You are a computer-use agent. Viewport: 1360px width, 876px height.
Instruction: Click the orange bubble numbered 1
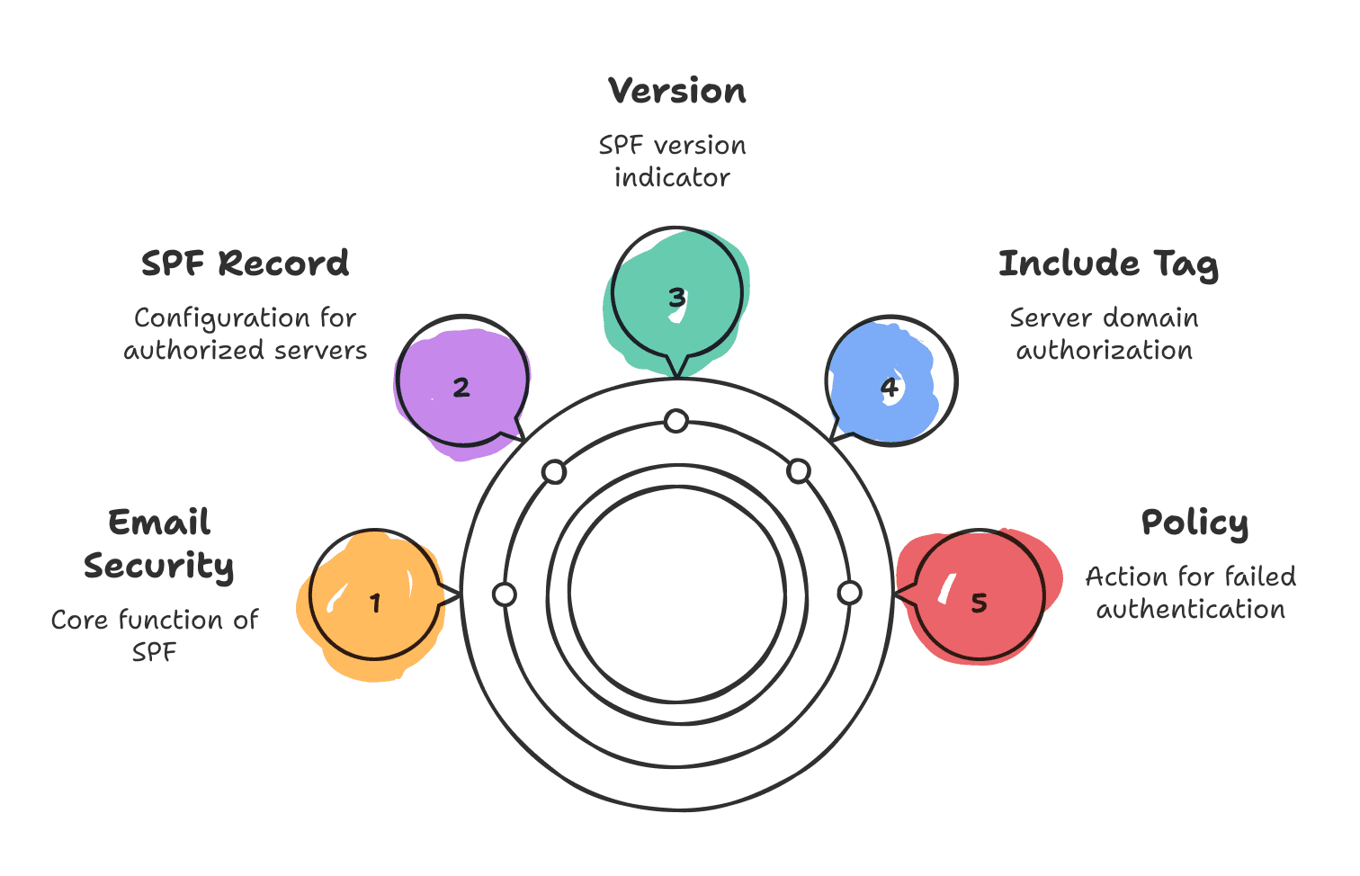click(x=375, y=594)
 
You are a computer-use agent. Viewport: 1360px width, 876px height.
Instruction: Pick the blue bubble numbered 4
click(x=890, y=381)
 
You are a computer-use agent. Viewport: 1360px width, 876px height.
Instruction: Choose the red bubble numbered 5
click(x=979, y=594)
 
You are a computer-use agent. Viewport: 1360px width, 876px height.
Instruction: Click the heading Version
click(x=676, y=91)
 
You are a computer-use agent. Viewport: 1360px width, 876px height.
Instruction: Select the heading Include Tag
click(x=1109, y=264)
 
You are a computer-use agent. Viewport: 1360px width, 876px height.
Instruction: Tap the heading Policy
click(x=1194, y=523)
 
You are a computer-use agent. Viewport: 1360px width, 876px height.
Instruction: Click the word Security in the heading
click(x=159, y=567)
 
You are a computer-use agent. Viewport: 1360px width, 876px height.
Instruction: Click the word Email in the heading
click(x=159, y=522)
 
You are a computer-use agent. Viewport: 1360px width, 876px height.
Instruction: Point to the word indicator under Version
click(x=672, y=178)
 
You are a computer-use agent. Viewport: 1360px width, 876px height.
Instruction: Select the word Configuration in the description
click(x=221, y=318)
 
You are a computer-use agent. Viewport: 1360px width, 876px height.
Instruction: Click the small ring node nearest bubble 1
click(x=505, y=594)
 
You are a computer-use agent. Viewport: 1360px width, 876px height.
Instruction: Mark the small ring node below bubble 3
click(x=676, y=421)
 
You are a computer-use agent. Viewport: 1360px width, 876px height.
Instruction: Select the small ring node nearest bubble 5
click(x=849, y=593)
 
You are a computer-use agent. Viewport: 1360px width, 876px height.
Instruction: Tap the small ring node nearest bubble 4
click(x=799, y=471)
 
